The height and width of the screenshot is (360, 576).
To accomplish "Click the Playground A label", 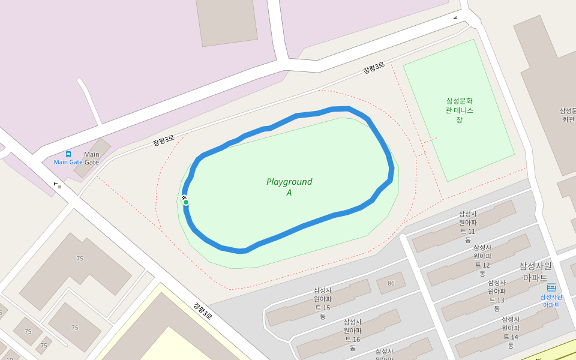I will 289,187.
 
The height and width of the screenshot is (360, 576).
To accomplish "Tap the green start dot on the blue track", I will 186,202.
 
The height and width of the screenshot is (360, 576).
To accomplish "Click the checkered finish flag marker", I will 184,197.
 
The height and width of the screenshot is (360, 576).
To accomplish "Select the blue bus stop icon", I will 68,154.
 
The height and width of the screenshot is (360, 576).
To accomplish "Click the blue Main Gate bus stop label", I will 68,162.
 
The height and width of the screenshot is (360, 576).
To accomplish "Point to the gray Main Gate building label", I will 92,158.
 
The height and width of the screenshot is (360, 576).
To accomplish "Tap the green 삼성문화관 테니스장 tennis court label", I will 459,110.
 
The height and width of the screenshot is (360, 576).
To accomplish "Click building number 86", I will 391,283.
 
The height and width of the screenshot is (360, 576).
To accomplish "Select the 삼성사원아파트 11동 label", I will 468,226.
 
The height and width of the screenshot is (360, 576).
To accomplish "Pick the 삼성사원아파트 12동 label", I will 482,260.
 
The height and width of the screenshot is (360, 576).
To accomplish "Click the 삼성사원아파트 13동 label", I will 497,295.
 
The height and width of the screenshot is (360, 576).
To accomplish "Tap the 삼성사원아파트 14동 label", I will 511,332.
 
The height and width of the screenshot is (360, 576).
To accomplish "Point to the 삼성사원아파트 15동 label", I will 322,303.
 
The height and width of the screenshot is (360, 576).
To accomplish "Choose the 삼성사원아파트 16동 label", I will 352,334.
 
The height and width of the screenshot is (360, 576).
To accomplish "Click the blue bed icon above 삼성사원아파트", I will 551,287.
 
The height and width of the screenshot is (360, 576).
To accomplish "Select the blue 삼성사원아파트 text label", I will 551,301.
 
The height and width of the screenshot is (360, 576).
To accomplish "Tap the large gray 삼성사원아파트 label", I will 535,271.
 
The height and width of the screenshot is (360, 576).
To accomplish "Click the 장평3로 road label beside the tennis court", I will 373,69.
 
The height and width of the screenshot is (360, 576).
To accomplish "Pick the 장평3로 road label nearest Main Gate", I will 163,141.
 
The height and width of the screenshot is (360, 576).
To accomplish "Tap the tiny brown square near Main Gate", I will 59,187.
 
